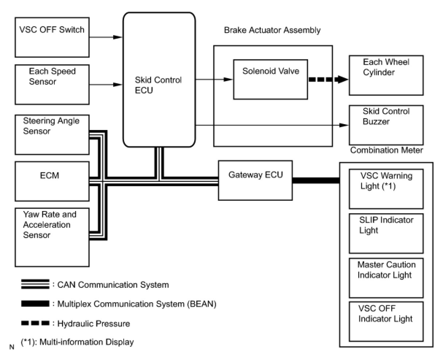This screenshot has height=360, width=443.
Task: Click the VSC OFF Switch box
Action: [x=52, y=37]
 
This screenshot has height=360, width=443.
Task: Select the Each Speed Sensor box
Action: [x=52, y=84]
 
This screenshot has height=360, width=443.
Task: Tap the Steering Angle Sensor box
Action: [x=52, y=135]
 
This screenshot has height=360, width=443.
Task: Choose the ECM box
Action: [x=52, y=181]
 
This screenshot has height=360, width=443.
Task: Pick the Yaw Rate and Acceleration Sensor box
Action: [x=52, y=237]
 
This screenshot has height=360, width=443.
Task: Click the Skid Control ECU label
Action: [x=158, y=85]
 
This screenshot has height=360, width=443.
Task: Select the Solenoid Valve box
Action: [x=270, y=79]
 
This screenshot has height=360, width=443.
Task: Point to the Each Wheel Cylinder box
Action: [x=386, y=75]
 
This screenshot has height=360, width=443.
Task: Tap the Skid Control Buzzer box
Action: [x=386, y=125]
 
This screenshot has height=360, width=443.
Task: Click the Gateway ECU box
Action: [x=255, y=180]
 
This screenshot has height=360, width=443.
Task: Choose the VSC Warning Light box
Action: [x=386, y=189]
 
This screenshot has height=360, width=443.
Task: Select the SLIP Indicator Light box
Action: [x=386, y=233]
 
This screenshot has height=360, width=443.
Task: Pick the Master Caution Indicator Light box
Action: [x=386, y=278]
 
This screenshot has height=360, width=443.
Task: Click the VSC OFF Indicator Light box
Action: [x=386, y=322]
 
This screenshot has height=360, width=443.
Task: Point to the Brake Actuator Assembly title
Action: [x=272, y=30]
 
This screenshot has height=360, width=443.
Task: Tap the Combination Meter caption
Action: [x=386, y=150]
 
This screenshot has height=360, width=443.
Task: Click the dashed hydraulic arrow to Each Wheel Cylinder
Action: [x=328, y=79]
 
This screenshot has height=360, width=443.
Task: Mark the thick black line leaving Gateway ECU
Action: [x=316, y=180]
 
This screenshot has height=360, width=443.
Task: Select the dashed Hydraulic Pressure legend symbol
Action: [x=35, y=323]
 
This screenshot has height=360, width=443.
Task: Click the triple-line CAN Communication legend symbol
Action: [x=35, y=284]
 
